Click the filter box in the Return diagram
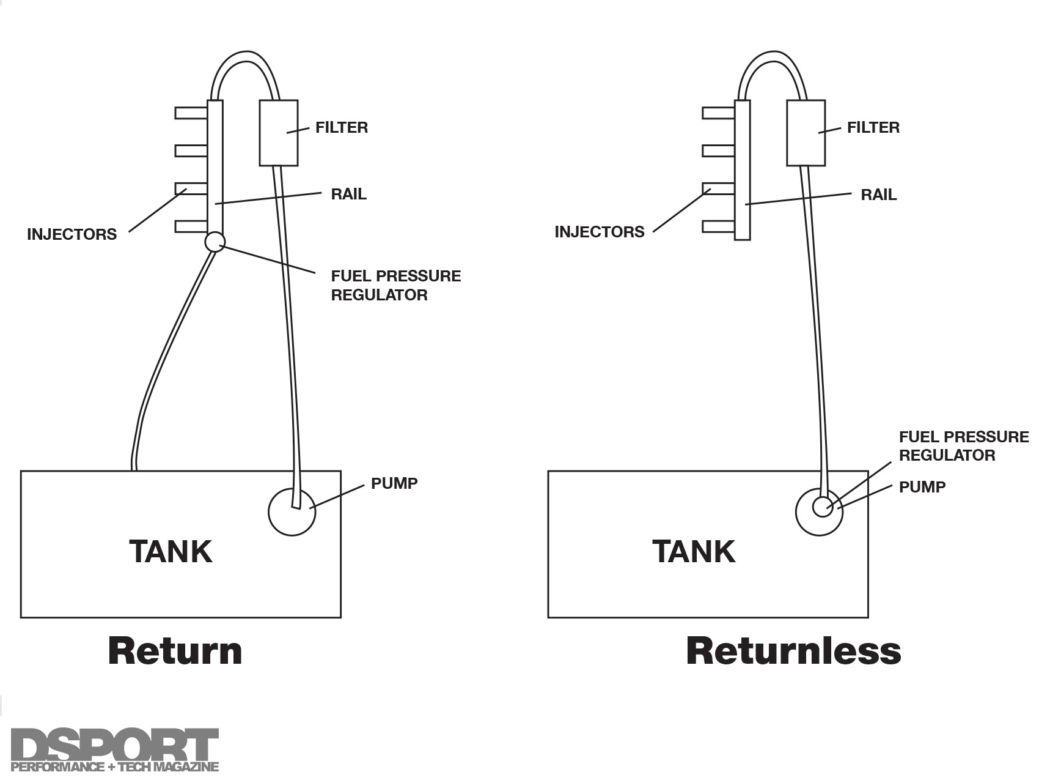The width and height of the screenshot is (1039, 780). (x=278, y=133)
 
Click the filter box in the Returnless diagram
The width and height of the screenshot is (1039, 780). (x=806, y=133)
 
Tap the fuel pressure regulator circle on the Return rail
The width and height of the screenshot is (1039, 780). (x=215, y=242)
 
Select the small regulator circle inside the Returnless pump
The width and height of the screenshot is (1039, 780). (x=823, y=507)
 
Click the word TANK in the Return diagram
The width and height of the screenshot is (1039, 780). (x=171, y=551)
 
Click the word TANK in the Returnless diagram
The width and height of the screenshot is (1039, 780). (x=694, y=551)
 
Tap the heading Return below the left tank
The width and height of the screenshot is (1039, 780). (x=175, y=651)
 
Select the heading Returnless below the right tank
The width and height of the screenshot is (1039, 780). (x=793, y=651)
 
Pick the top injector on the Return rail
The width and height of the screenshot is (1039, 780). (x=191, y=113)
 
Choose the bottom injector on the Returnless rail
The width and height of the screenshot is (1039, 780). (x=718, y=227)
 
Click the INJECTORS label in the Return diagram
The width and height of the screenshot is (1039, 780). (x=72, y=234)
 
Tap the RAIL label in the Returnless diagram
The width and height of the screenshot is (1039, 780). (x=878, y=195)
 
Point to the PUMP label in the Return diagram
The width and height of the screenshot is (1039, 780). (x=394, y=483)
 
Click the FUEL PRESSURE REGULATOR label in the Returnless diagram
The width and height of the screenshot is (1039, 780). (x=963, y=446)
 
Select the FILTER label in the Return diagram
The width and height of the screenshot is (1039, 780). (x=341, y=128)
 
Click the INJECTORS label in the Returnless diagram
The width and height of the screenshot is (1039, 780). (x=599, y=232)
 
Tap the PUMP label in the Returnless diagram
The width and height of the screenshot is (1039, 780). (x=922, y=487)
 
